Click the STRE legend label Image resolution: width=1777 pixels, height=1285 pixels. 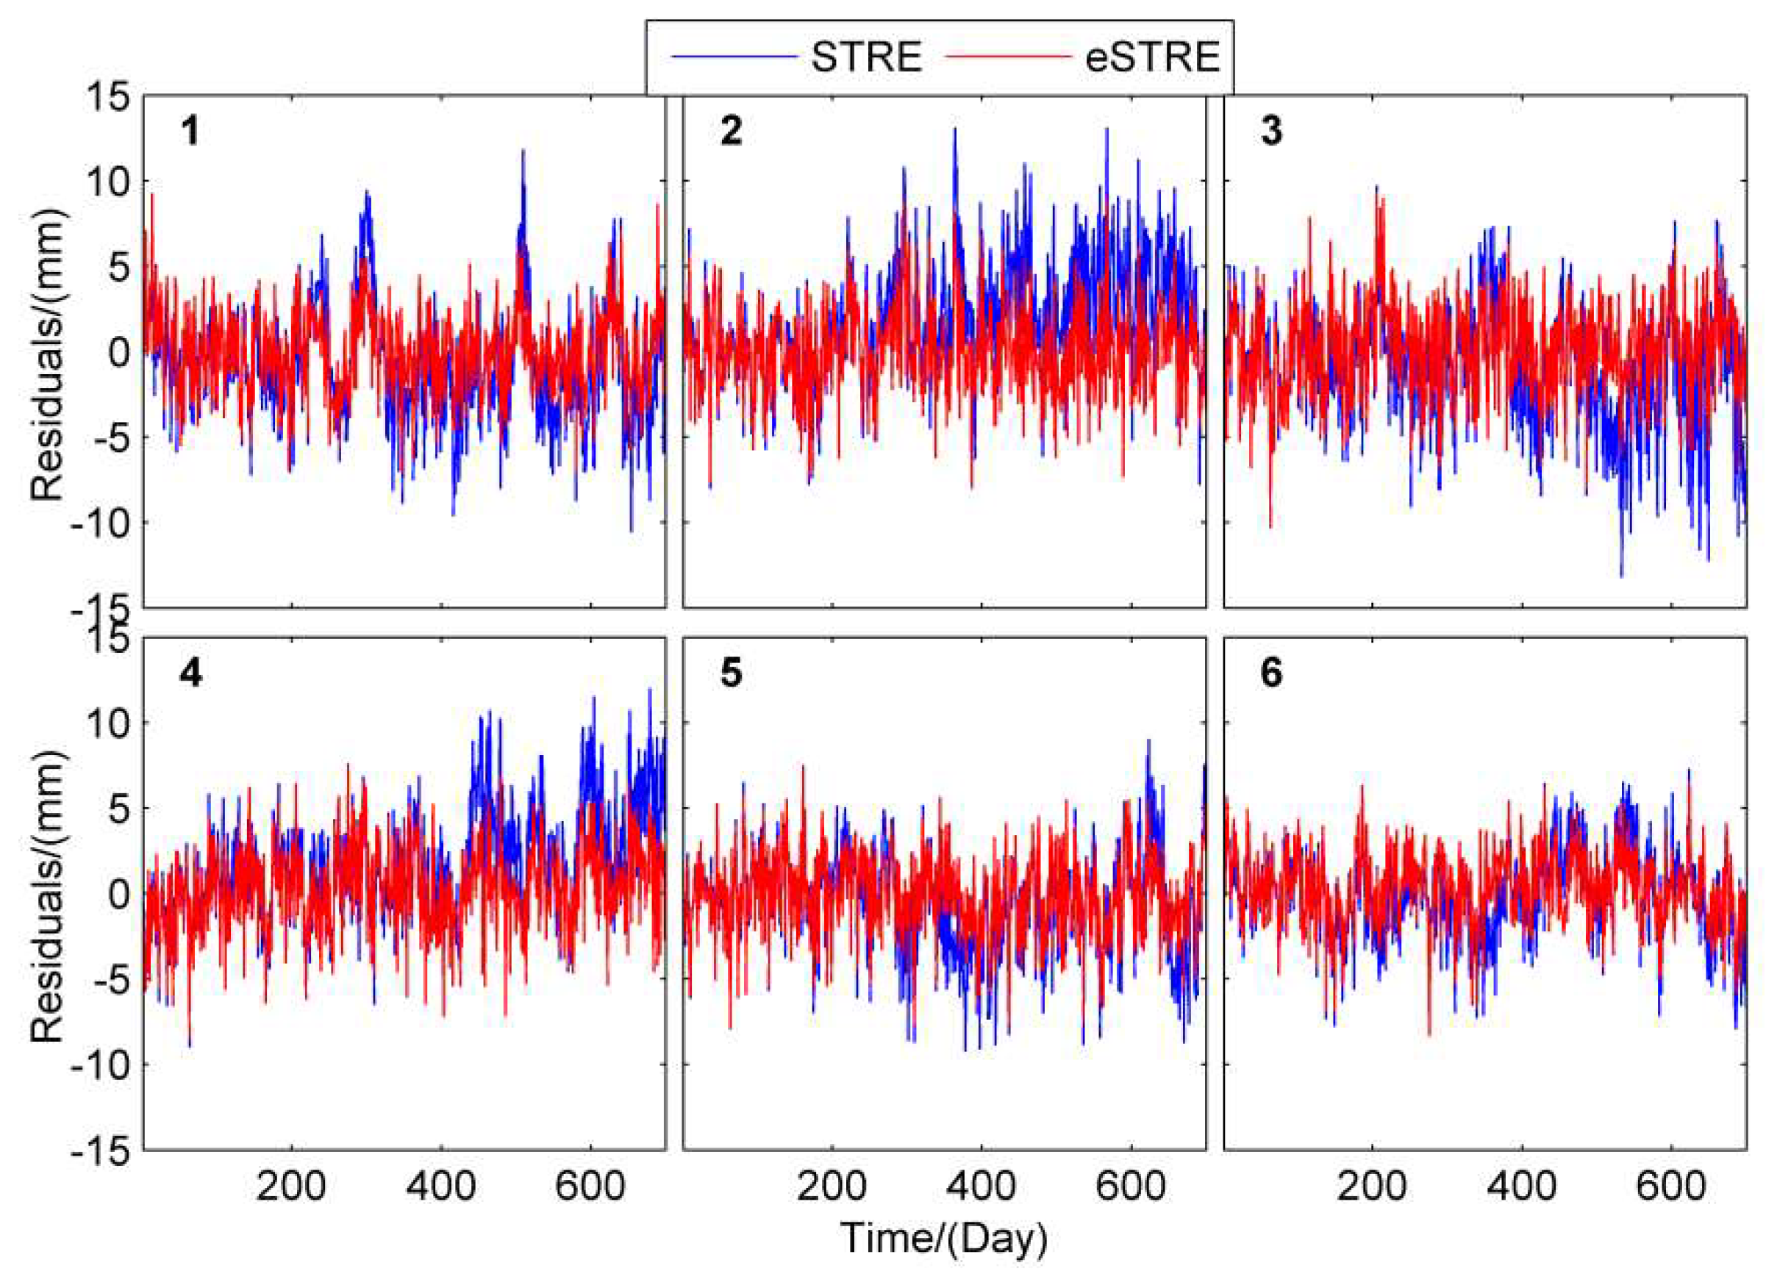click(866, 57)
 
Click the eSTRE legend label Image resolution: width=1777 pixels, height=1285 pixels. click(1152, 57)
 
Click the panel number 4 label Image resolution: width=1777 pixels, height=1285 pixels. click(190, 673)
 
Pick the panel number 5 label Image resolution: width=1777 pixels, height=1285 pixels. click(730, 673)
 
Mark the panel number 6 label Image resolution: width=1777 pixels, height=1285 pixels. click(1271, 673)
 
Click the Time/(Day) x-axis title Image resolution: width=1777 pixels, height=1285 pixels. click(944, 1238)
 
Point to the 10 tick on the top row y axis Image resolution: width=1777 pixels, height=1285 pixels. click(107, 182)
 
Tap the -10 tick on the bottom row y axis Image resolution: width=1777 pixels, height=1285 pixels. click(99, 1066)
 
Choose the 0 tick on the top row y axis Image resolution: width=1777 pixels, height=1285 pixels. click(118, 354)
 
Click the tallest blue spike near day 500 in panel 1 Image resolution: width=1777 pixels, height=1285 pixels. click(523, 151)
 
